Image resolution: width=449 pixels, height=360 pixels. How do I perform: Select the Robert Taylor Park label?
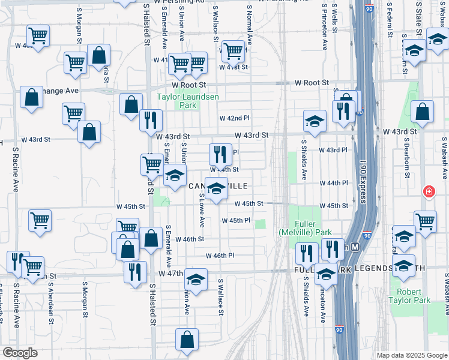coord(409,296)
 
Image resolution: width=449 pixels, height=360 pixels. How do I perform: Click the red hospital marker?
coord(429,192)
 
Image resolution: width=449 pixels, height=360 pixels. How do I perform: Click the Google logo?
coord(20,353)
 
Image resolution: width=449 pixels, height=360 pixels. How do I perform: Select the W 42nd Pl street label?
coord(234,118)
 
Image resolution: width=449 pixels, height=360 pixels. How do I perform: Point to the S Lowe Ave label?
coord(202,214)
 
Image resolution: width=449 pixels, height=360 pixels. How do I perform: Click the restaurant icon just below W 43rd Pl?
coord(220,154)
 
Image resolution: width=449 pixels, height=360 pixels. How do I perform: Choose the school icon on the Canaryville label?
coord(217,188)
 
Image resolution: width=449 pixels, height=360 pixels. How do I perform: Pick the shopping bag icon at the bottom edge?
coord(187,339)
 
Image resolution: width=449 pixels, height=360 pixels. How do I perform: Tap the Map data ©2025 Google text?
coord(411,355)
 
